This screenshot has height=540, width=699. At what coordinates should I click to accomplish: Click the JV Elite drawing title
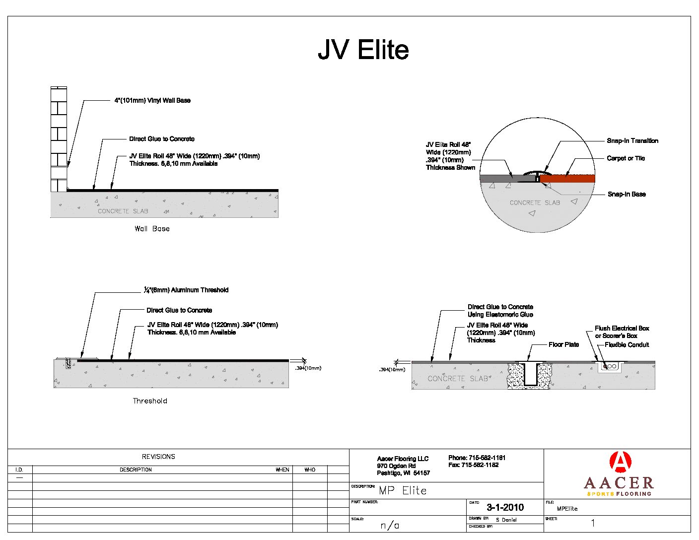(x=363, y=50)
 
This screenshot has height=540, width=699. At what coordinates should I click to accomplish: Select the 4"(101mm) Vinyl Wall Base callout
(x=152, y=100)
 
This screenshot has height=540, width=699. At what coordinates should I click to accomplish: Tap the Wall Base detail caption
(x=152, y=229)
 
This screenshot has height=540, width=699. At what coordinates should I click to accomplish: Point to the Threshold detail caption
(x=150, y=401)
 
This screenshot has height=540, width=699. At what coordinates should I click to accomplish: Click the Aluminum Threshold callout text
(x=186, y=290)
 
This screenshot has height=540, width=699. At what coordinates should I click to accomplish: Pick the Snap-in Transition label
(x=632, y=141)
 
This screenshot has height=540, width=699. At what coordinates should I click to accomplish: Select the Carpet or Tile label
(x=626, y=158)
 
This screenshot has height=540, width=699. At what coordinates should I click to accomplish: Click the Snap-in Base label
(x=627, y=194)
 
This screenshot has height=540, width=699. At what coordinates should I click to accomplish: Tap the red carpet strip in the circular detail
(x=567, y=179)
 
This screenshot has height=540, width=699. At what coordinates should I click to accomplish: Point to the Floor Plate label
(x=563, y=344)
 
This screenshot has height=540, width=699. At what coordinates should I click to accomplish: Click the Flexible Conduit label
(x=627, y=344)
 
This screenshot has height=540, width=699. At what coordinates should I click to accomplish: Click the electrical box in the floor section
(x=610, y=367)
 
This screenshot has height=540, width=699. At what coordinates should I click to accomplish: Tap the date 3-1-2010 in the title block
(x=505, y=507)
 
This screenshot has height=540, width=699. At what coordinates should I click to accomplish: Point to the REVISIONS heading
(x=158, y=457)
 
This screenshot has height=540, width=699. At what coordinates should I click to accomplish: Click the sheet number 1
(x=593, y=523)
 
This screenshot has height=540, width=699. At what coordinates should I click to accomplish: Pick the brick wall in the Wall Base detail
(x=59, y=139)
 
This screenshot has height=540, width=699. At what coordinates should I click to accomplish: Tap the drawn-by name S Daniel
(x=506, y=520)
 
